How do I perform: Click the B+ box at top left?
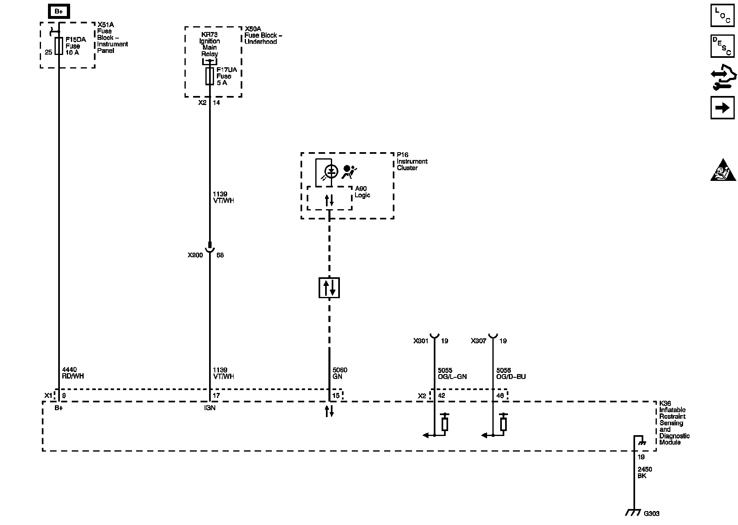[59, 11]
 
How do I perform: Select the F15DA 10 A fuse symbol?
[59, 46]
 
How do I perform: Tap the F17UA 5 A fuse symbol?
[210, 76]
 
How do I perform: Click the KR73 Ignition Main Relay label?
[210, 44]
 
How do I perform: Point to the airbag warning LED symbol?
[331, 171]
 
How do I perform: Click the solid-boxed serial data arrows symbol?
[329, 288]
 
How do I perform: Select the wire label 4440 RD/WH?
[73, 373]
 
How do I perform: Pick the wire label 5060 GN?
[340, 373]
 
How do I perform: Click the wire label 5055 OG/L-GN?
[452, 373]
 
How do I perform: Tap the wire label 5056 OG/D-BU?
[511, 373]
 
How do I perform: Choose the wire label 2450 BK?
[645, 472]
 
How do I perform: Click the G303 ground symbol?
[634, 513]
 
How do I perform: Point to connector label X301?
[421, 341]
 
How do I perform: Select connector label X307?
[478, 341]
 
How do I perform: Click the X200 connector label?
[195, 255]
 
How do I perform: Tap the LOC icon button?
[722, 15]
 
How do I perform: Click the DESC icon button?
[722, 46]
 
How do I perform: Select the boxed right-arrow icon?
[722, 108]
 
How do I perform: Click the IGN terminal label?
[210, 408]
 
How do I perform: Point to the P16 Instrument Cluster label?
[412, 161]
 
